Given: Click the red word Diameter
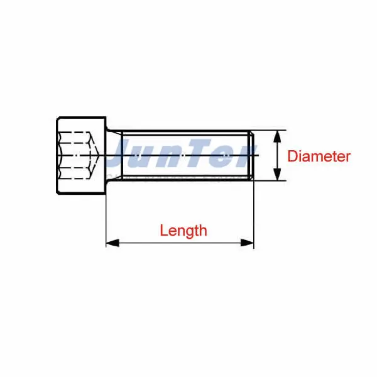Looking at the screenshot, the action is point(319,156).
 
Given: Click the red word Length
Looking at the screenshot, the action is point(183,230).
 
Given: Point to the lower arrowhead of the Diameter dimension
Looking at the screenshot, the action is point(277,175).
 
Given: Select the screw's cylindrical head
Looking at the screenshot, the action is point(80,155).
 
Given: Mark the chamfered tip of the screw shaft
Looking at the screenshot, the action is point(251,155).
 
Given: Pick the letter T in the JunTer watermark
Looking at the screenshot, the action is point(207,155).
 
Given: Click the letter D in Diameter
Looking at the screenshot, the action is point(292,156).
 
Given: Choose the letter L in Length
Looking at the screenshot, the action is point(163,230).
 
